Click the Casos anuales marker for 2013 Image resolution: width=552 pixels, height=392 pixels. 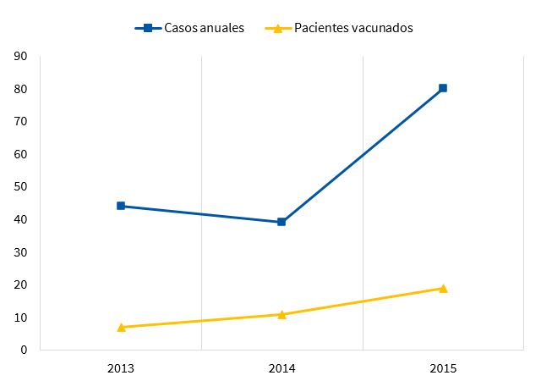coord(121,206)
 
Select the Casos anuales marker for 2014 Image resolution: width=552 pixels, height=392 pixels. coord(281,222)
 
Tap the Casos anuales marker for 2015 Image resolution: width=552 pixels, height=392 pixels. coord(443,88)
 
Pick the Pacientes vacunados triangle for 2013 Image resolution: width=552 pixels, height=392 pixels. coord(121,327)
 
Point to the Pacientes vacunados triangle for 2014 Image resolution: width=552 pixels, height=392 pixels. coord(281,314)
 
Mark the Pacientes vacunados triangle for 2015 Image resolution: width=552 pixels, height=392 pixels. coord(443,288)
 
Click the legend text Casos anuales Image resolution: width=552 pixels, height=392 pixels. coord(205,28)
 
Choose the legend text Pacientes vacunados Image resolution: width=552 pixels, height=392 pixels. coord(353,28)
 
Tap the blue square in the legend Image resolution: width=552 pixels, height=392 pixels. coord(147,28)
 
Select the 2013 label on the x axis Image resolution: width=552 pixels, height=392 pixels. coord(121,369)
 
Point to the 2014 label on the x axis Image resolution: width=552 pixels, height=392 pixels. coord(281,369)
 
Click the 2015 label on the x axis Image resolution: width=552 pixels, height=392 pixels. coord(443,369)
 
